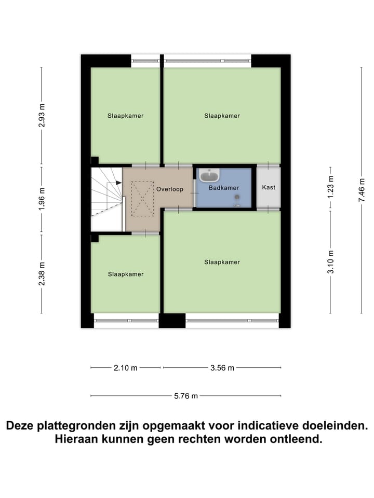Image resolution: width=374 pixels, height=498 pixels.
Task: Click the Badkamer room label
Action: [x=223, y=189]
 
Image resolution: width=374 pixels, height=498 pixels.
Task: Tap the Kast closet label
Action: [x=269, y=187]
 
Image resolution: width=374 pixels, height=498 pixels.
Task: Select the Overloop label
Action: [x=170, y=189]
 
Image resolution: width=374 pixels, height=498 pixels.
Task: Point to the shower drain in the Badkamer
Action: [x=237, y=197]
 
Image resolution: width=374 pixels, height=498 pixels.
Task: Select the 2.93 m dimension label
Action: [x=42, y=116]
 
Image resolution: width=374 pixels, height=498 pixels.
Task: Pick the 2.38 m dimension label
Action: [x=42, y=273]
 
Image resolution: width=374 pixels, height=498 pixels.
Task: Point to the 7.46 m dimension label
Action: [x=362, y=190]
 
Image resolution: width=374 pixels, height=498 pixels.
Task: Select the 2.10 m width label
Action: [x=125, y=368]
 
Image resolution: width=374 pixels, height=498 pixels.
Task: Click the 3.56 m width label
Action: [x=222, y=368]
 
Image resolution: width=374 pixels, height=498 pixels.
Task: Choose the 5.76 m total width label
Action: [x=186, y=396]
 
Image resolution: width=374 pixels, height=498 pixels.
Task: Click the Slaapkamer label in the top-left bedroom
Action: [x=126, y=116]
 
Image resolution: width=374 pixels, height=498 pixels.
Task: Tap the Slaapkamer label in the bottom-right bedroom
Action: [x=222, y=262]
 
